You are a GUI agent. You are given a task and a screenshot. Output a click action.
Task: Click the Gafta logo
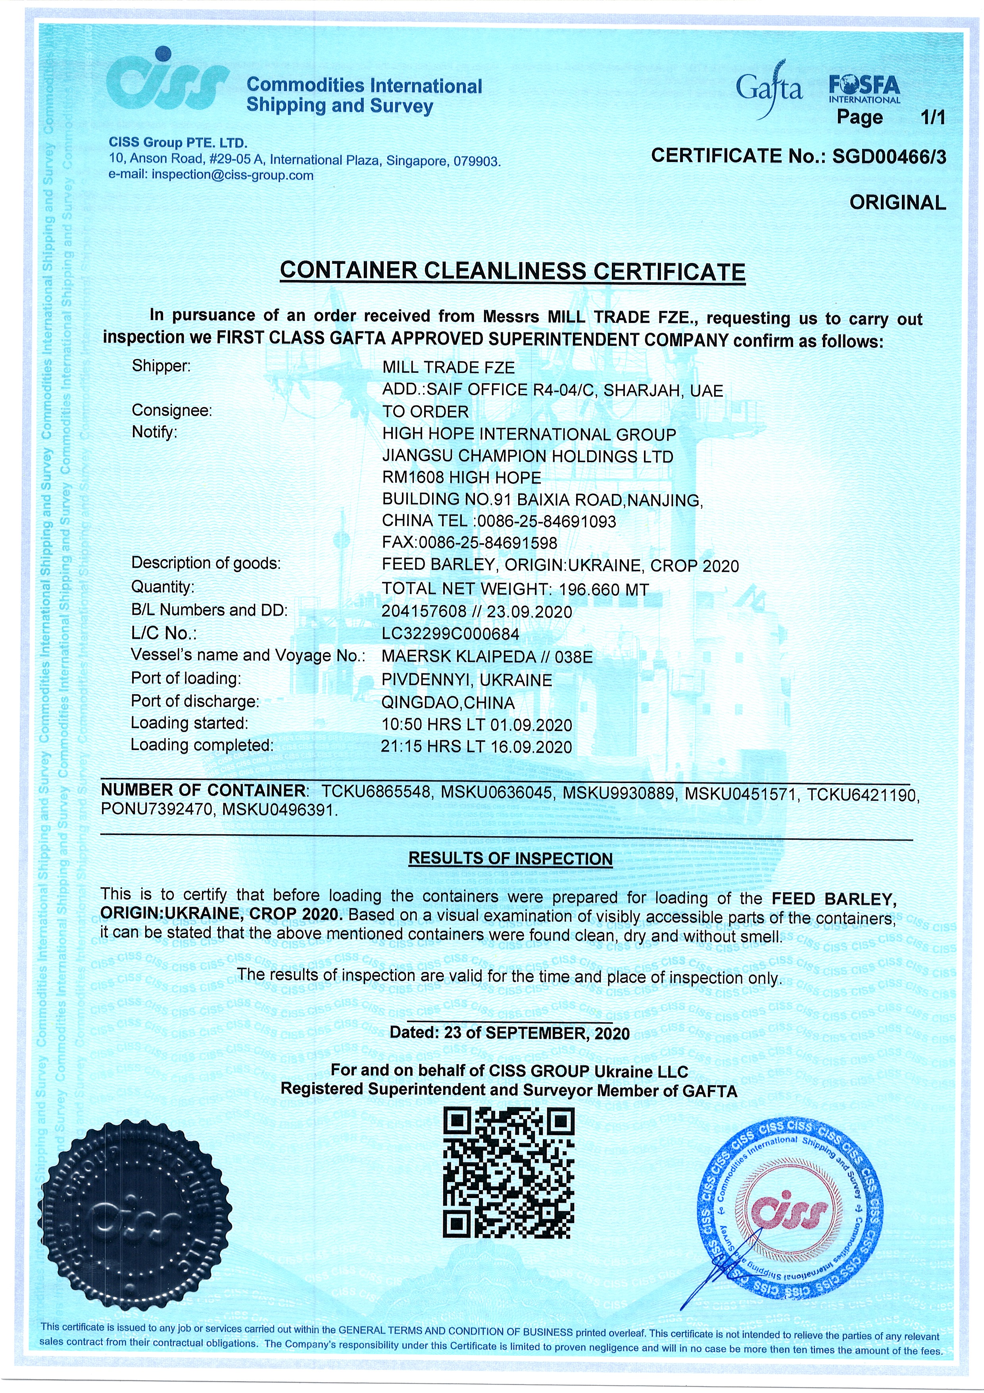coord(769,89)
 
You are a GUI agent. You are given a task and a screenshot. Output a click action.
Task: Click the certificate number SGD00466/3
coord(888,156)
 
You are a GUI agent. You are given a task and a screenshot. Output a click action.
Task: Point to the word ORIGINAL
coord(897,203)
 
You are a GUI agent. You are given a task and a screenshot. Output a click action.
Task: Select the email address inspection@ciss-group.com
coord(232,176)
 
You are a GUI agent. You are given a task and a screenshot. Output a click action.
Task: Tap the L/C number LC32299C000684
coord(450,634)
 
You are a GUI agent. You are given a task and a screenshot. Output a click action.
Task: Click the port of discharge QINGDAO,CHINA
coord(448,702)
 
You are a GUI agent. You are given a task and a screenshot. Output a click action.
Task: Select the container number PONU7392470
coord(156,809)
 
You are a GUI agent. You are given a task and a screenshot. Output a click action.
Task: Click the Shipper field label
coord(161,367)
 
